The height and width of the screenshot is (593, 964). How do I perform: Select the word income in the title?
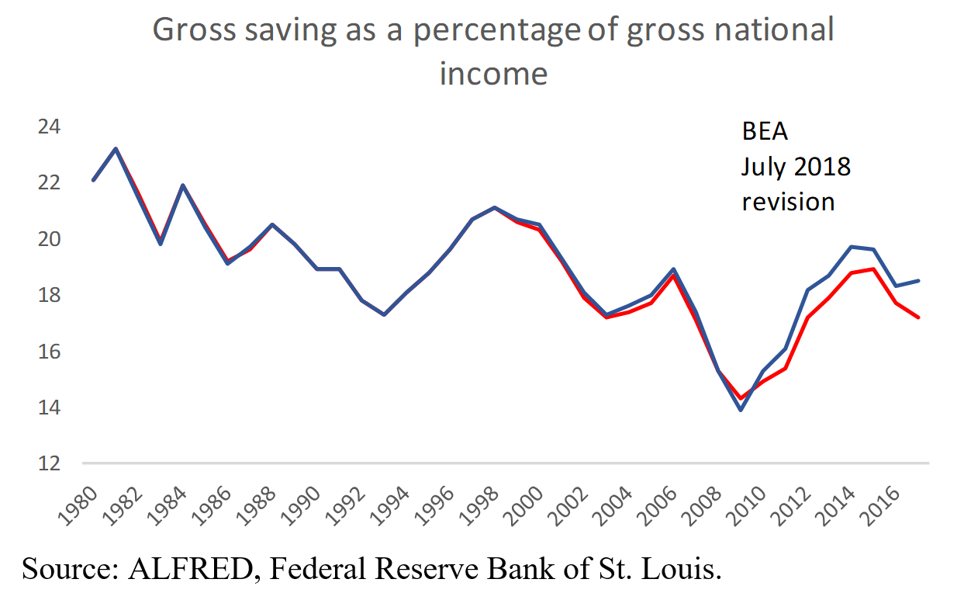tap(493, 74)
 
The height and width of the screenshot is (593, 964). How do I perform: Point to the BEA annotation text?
tap(765, 132)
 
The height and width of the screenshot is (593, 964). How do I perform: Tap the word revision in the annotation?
tap(788, 201)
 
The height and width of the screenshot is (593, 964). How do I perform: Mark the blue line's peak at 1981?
tap(115, 148)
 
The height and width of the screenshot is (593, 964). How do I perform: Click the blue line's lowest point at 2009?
tap(741, 410)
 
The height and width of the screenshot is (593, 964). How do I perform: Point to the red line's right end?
tap(919, 317)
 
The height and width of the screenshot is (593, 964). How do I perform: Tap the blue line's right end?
tap(919, 280)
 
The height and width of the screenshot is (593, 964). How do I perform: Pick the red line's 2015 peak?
tap(874, 269)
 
